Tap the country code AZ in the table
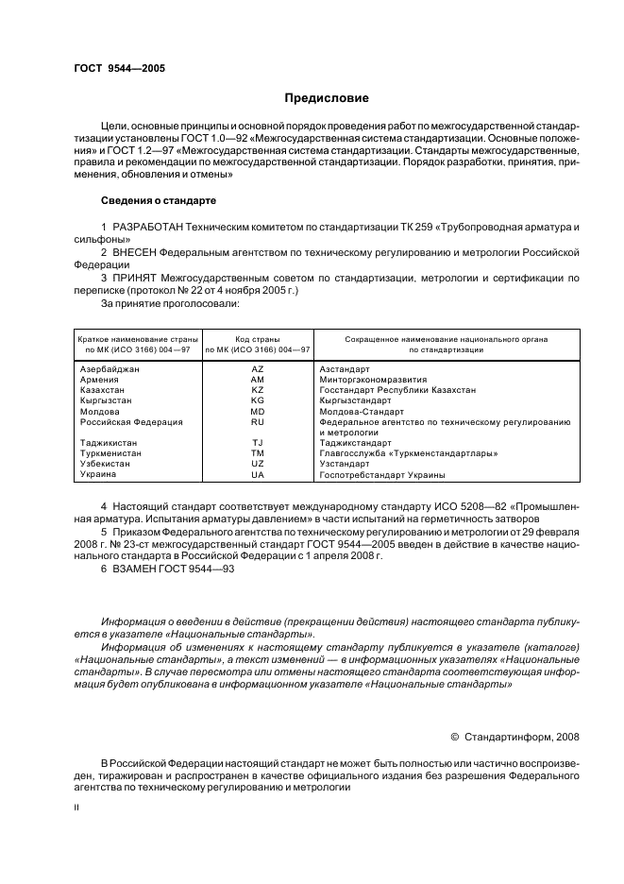coord(258,368)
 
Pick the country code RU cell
coord(258,422)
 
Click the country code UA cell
coord(258,474)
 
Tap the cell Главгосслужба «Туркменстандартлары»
coord(408,453)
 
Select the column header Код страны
coord(258,338)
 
